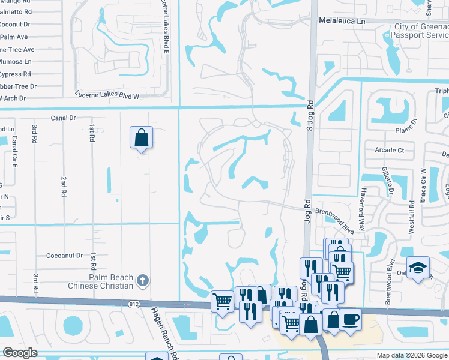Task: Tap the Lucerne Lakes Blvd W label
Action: pyautogui.click(x=107, y=95)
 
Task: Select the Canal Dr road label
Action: pyautogui.click(x=64, y=118)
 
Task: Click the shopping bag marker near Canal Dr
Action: pyautogui.click(x=140, y=137)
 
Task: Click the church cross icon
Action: pyautogui.click(x=142, y=279)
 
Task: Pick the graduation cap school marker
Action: pyautogui.click(x=417, y=268)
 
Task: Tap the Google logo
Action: pyautogui.click(x=20, y=353)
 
